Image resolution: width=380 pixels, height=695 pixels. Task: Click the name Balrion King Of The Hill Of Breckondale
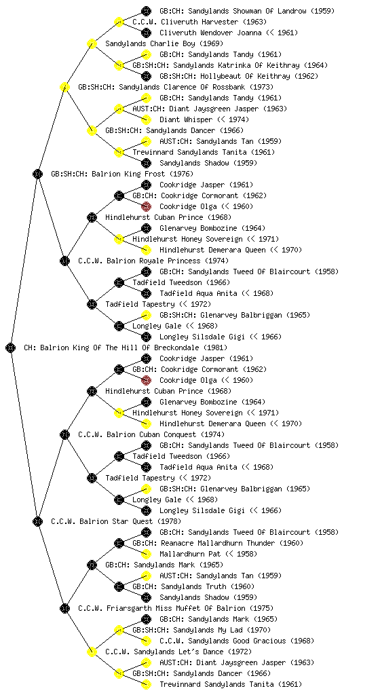(119, 348)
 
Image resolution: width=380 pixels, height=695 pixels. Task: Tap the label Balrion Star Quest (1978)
(130, 522)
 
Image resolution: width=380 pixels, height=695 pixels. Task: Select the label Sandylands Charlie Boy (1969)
(164, 44)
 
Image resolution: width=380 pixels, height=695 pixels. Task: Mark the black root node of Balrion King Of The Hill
(11, 348)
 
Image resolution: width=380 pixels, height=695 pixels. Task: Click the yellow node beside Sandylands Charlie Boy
(92, 44)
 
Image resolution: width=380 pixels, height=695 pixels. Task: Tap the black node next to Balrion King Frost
(37, 174)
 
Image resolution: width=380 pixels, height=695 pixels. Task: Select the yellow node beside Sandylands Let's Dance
(92, 652)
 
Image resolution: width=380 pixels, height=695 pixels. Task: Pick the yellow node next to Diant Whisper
(146, 119)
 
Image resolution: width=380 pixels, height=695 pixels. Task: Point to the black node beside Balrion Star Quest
(37, 522)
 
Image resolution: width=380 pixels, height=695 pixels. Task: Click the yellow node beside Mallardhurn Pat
(146, 554)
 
